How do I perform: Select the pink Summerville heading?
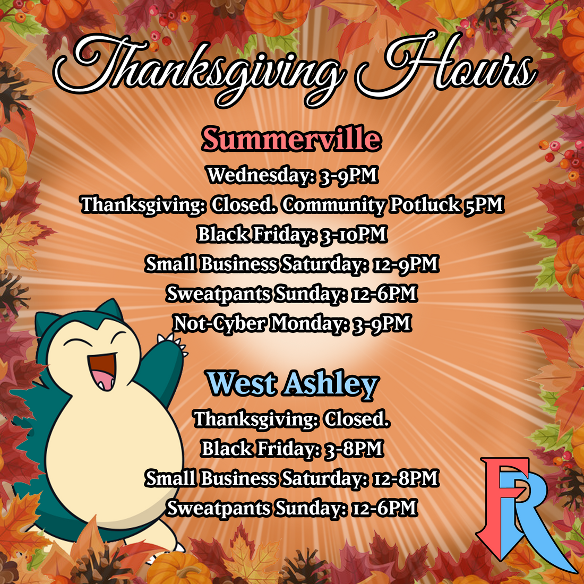tap(291, 139)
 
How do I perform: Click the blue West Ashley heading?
tap(292, 384)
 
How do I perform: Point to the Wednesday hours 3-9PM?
tap(348, 175)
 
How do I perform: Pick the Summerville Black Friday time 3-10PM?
tap(353, 234)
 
